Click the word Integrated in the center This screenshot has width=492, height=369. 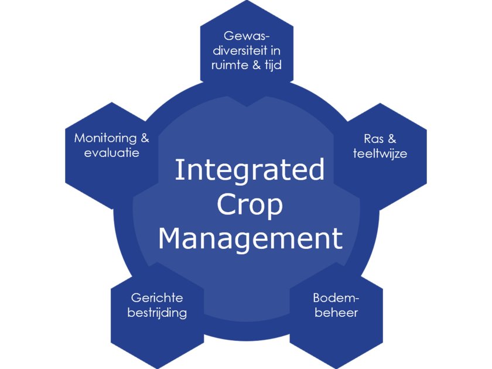tap(250, 171)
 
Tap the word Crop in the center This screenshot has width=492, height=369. tap(250, 205)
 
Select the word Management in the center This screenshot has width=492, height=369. tap(250, 239)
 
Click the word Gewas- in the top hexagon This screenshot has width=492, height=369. tap(246, 36)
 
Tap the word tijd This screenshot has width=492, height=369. tap(272, 64)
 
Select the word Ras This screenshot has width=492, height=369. tap(373, 139)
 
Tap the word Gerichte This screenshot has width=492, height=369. tap(157, 298)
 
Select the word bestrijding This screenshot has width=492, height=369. tap(158, 313)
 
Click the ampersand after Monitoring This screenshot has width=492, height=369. tap(143, 139)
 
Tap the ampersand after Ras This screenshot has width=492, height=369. tap(392, 139)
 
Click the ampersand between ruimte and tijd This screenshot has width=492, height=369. tap(255, 65)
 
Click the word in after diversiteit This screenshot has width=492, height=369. tap(275, 50)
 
